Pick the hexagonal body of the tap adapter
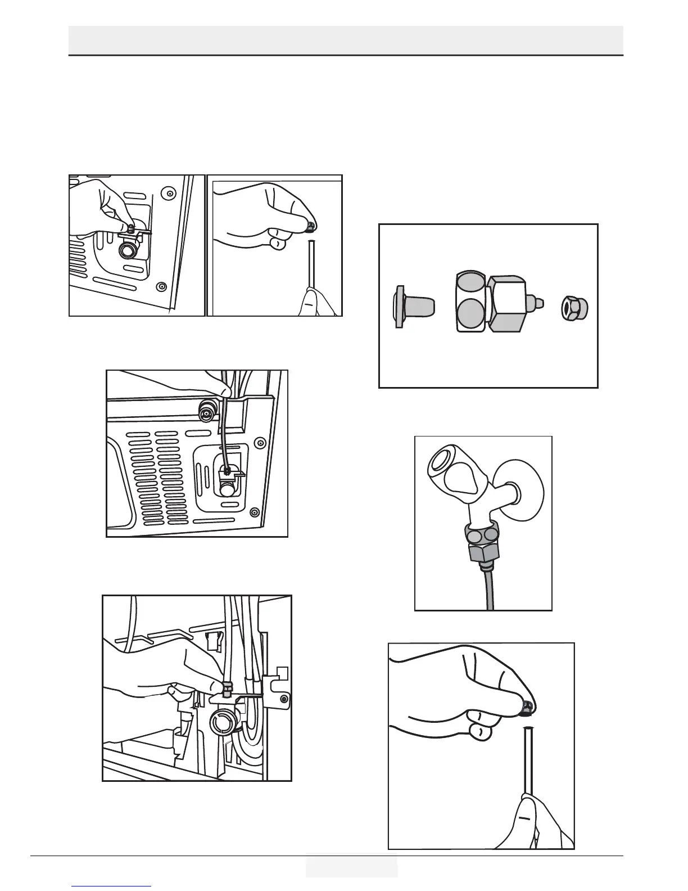pyautogui.click(x=506, y=303)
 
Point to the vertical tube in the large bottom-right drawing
pyautogui.click(x=528, y=759)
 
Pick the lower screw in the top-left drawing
pyautogui.click(x=161, y=286)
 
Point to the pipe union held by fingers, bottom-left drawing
pyautogui.click(x=228, y=688)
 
